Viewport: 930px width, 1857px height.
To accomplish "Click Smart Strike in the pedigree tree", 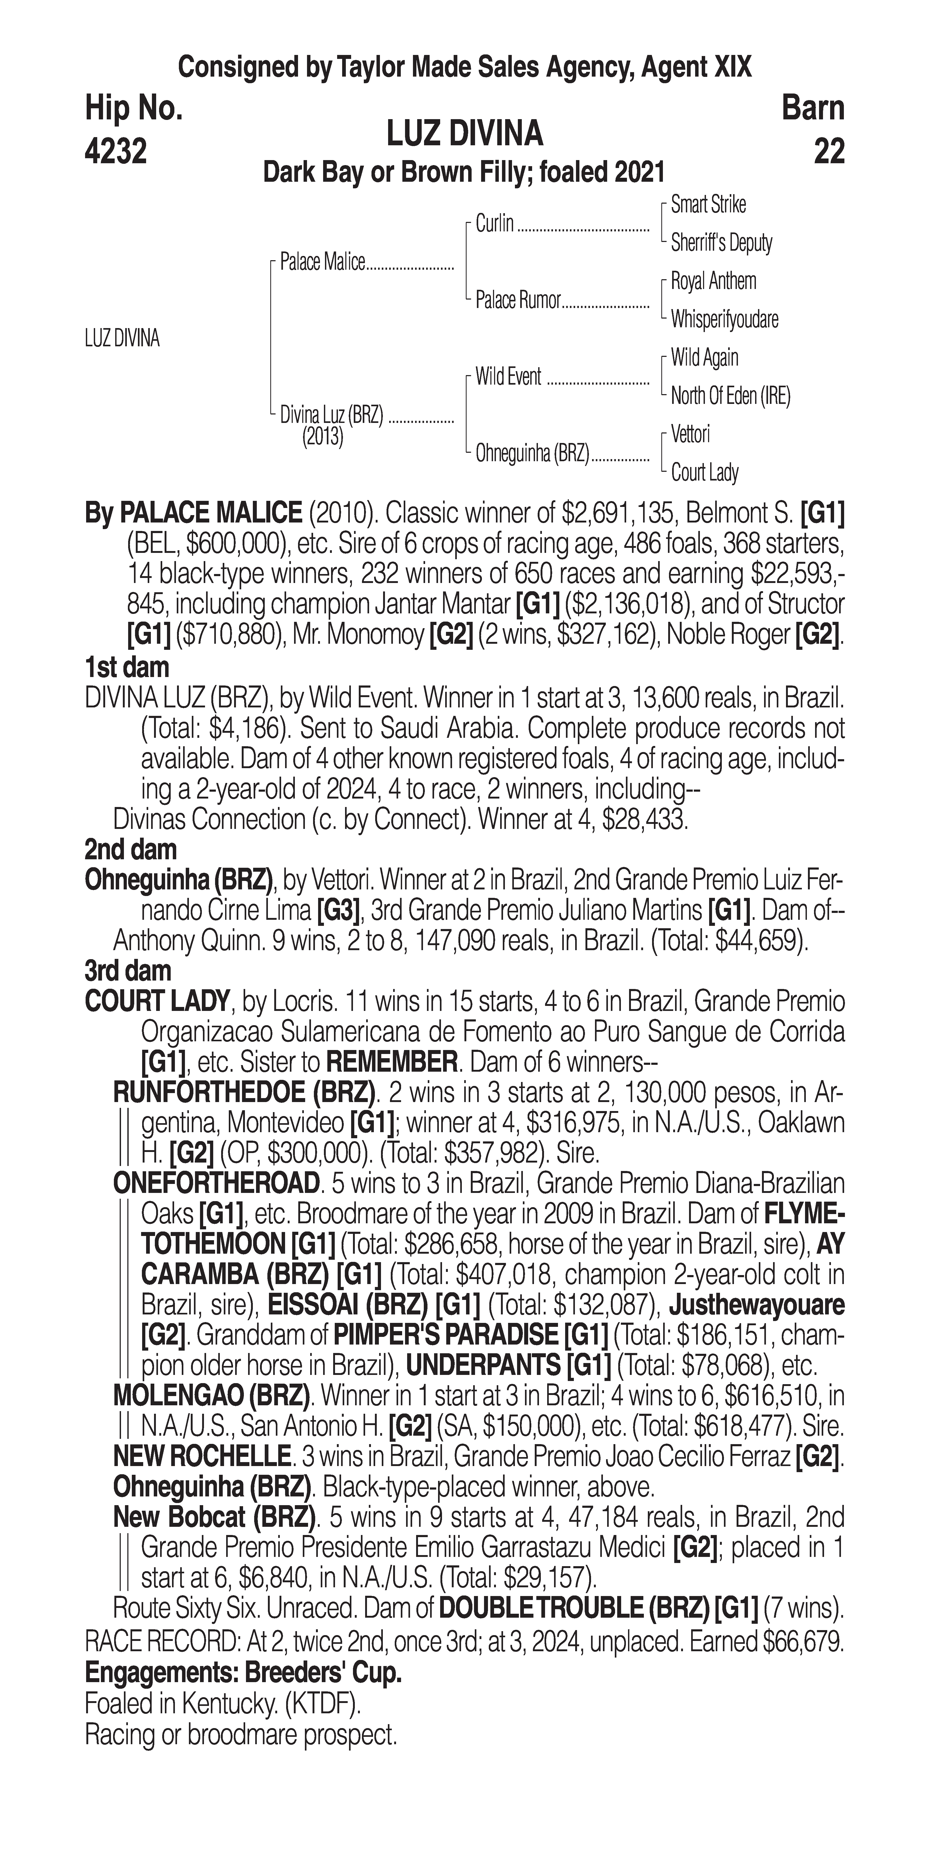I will coord(708,205).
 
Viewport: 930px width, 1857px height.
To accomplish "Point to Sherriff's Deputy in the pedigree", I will coord(721,243).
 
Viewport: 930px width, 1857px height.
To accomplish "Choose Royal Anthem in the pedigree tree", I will coord(713,281).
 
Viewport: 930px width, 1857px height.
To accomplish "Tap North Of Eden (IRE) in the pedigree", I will coord(730,396).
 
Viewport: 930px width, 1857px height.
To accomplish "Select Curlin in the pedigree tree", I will coord(495,223).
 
